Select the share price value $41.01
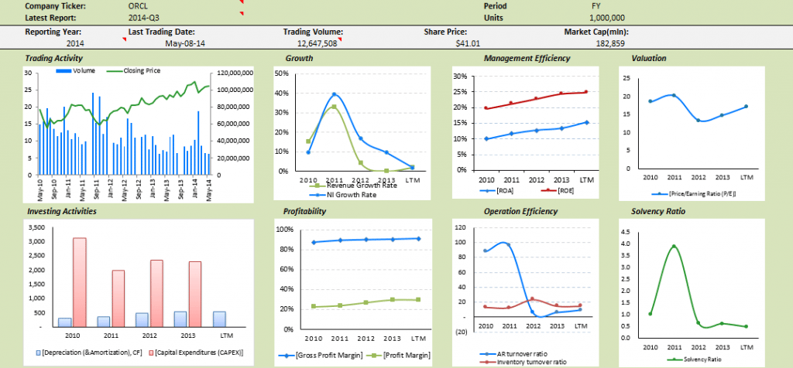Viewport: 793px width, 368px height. coord(468,44)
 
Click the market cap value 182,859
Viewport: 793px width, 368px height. coord(609,44)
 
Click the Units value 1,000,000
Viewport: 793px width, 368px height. coord(609,17)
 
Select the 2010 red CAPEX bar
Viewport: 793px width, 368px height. coord(79,282)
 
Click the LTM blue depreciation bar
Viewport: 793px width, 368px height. coord(220,319)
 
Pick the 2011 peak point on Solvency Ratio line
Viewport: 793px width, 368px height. coord(675,247)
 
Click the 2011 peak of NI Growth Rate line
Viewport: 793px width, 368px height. coord(335,94)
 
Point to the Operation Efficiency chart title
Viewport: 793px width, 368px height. coord(520,211)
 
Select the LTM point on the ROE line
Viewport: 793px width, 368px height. coord(586,92)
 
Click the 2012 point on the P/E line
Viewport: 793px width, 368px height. coord(699,120)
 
